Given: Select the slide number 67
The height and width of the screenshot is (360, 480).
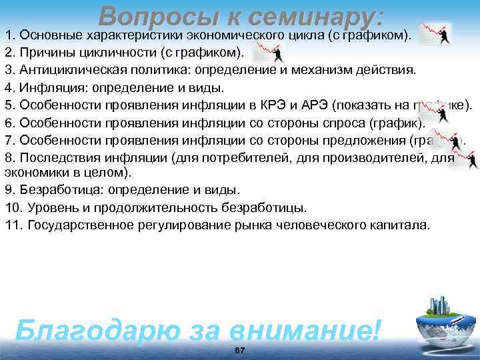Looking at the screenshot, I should [240, 351].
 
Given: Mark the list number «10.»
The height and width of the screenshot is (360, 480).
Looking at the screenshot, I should [14, 207].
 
